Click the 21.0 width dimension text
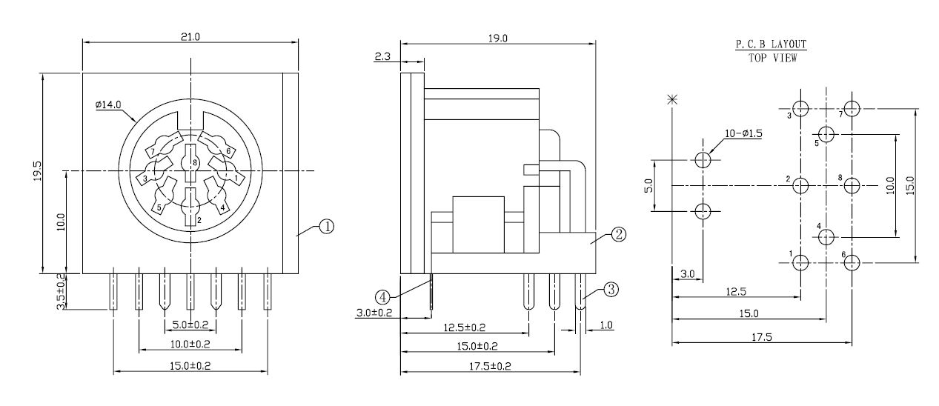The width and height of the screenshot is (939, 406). [190, 36]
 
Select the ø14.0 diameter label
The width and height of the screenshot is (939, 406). [108, 106]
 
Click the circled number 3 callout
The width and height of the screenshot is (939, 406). [610, 290]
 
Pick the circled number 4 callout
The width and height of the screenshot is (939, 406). [382, 296]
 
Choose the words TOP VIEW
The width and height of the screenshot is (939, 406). [773, 58]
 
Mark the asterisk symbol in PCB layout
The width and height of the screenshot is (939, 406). [672, 99]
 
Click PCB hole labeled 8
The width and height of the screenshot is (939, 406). [852, 185]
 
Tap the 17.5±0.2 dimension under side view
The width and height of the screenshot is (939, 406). [489, 366]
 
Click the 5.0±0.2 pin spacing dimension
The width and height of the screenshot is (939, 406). [190, 325]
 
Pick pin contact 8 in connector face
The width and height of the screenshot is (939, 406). [191, 162]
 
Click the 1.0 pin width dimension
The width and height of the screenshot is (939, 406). [607, 325]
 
